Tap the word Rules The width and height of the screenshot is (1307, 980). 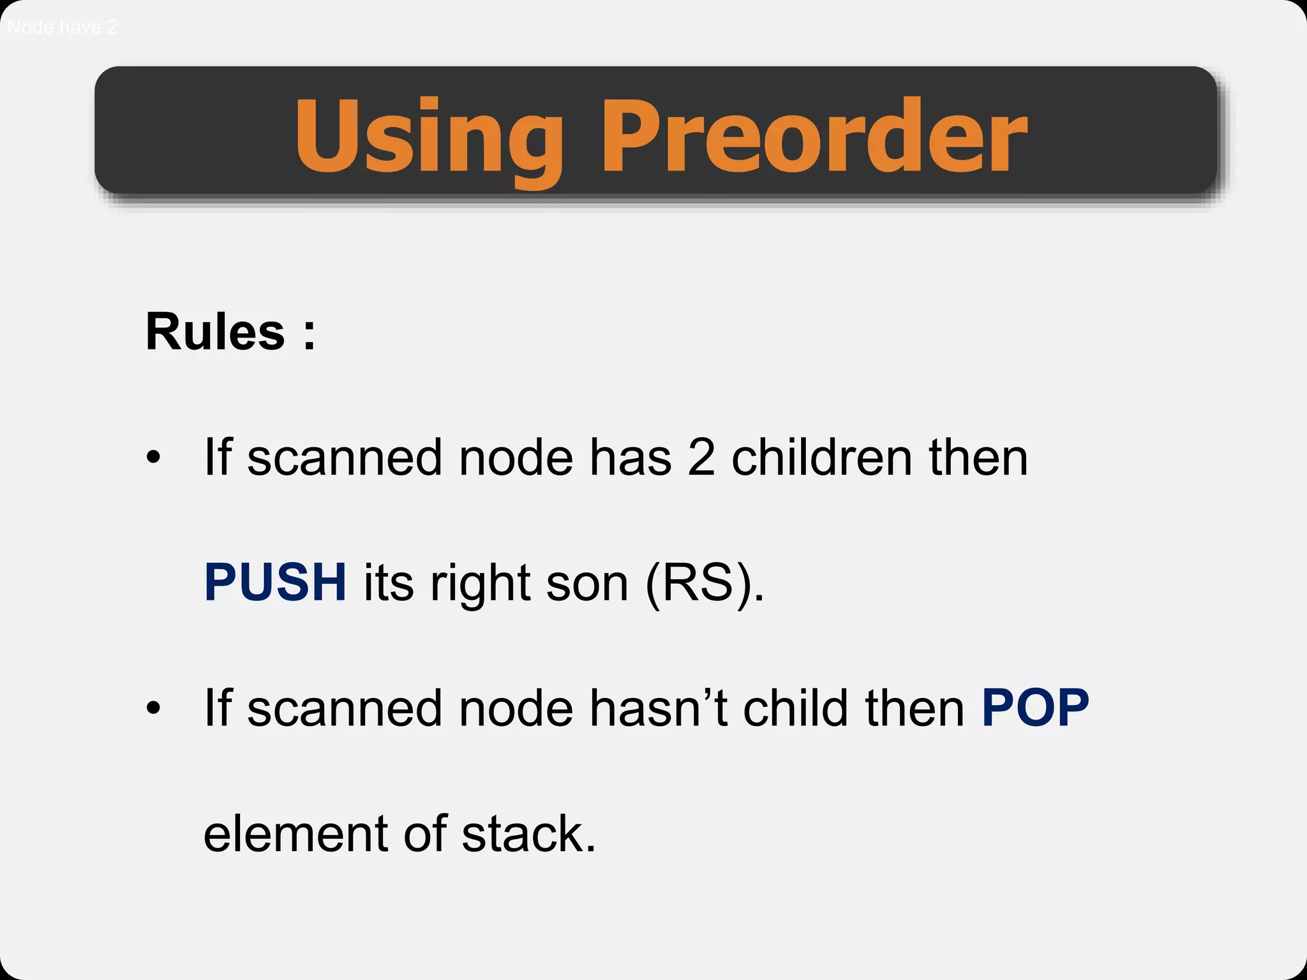point(215,332)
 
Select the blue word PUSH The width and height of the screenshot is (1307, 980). point(275,583)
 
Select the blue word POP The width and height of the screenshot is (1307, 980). point(1035,708)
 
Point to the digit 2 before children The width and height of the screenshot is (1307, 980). point(701,457)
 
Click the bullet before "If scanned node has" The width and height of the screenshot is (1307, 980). point(153,457)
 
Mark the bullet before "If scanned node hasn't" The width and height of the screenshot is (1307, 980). point(153,708)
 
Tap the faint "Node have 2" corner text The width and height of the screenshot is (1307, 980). point(62,27)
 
